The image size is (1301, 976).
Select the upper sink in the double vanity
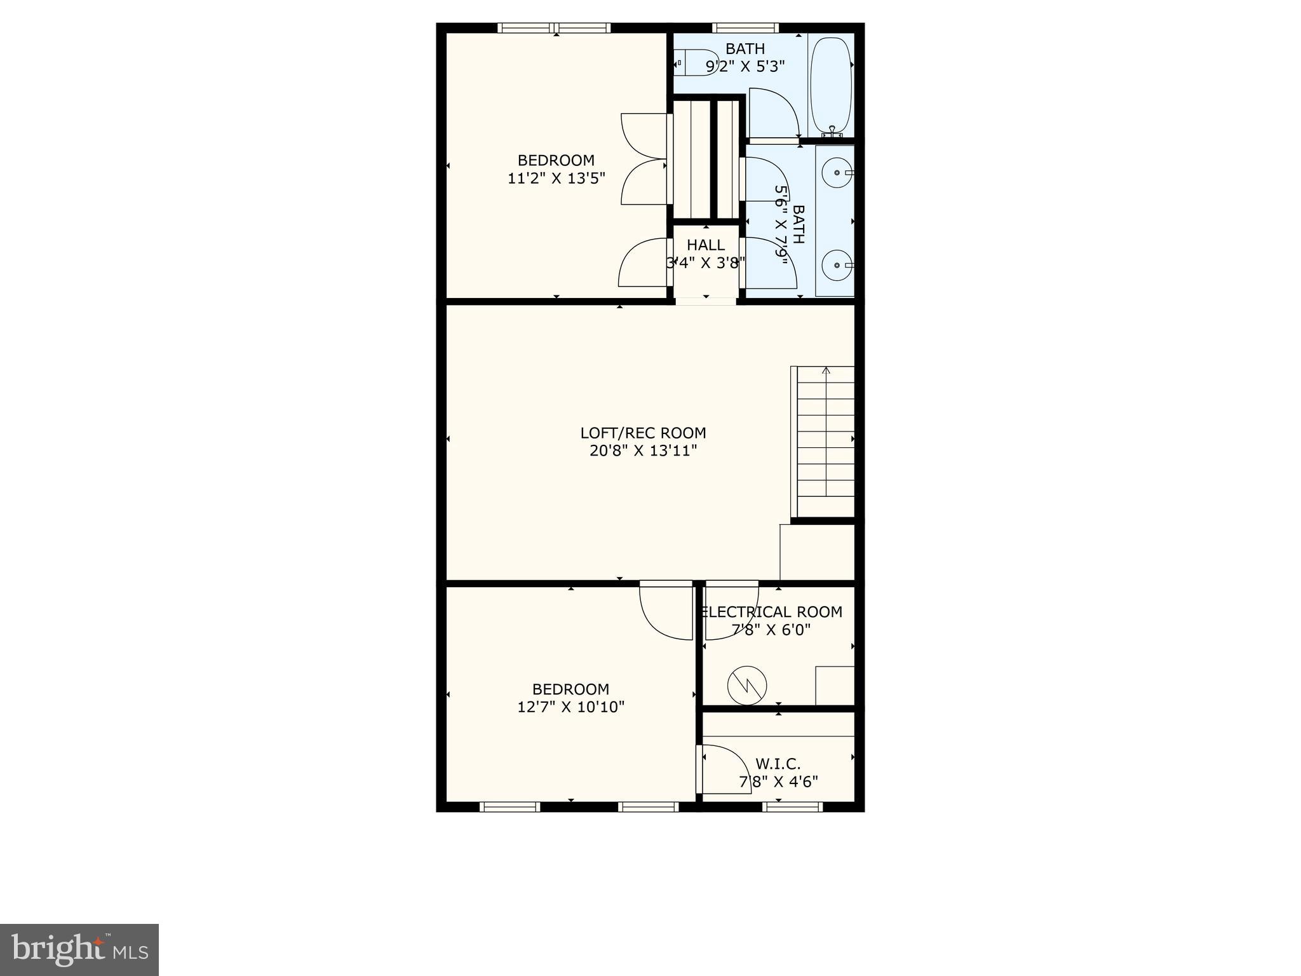pos(837,172)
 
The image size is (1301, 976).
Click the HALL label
pos(705,245)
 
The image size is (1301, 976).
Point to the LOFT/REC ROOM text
pos(643,433)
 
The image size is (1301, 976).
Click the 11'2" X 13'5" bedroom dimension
pos(556,179)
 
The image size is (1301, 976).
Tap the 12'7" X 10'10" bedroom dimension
pos(570,707)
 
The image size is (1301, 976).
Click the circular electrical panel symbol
pos(747,685)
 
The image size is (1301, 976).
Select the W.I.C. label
pos(778,764)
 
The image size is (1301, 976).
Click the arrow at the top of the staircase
pos(826,370)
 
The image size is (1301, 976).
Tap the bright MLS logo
pos(79,949)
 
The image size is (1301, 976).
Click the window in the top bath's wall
pos(745,28)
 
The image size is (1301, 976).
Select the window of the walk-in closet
pos(792,807)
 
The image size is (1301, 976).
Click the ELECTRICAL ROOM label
pos(771,612)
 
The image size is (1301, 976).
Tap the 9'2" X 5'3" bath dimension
pos(745,66)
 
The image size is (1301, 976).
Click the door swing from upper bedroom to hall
pos(643,263)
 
